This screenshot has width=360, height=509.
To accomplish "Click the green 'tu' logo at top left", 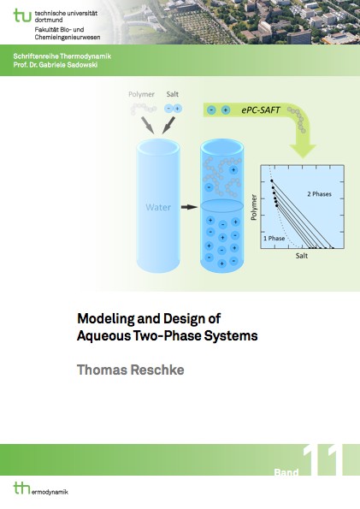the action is [x=22, y=15].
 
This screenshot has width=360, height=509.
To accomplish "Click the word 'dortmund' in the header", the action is [x=49, y=21].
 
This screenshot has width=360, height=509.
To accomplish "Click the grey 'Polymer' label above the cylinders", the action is [x=141, y=94].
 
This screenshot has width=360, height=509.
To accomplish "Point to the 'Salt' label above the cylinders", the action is [x=173, y=94].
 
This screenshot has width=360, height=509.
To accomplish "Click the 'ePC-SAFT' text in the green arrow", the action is [x=260, y=110].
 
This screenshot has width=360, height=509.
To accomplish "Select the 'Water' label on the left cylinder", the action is [x=158, y=207].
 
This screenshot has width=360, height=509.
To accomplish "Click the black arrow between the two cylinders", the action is [x=189, y=207].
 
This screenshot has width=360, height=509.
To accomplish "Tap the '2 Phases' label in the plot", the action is [x=320, y=194].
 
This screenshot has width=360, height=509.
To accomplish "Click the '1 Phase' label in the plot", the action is [x=274, y=239].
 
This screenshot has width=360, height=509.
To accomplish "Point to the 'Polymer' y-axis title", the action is [x=254, y=207].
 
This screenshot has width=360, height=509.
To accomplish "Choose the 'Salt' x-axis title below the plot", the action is [x=302, y=256].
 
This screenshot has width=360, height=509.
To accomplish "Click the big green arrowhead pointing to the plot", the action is [x=303, y=151].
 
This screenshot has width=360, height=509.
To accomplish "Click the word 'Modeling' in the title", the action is [x=105, y=319].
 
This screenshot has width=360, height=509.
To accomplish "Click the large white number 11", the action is [x=322, y=460].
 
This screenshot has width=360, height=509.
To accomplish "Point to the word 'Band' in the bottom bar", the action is [x=286, y=472].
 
